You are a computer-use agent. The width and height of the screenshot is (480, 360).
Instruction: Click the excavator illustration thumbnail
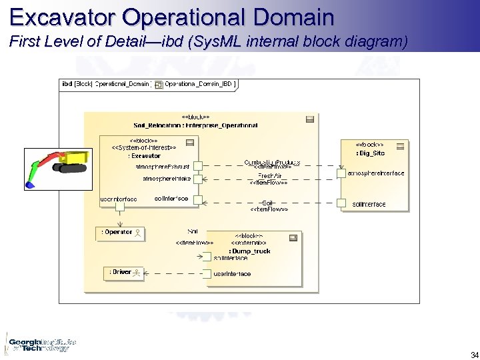point(57,167)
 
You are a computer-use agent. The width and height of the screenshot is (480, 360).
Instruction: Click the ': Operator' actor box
point(120,233)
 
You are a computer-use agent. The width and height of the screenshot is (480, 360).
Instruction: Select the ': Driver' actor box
point(125,273)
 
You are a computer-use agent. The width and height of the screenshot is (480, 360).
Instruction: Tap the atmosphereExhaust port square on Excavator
point(197,165)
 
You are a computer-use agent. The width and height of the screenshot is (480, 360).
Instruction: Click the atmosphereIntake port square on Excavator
point(197,179)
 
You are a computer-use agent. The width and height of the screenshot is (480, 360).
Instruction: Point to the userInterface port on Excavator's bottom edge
point(120,207)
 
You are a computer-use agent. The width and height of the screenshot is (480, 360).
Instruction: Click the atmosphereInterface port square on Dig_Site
point(341,173)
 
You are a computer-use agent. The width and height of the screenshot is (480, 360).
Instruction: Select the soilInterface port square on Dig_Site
point(341,203)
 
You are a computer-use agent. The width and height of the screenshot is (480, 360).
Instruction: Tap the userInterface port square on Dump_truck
point(207,273)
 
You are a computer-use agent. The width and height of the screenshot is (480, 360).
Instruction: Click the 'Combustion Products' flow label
point(271,162)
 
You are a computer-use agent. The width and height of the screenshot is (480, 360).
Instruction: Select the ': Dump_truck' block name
point(251,251)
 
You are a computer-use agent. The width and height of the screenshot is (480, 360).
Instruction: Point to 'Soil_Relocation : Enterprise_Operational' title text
point(195,125)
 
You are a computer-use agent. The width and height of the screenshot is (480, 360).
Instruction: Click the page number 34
point(474,355)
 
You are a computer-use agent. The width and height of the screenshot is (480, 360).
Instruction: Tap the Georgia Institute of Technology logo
point(40,344)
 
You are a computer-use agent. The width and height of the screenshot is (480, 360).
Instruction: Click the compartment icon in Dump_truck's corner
point(293,238)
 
